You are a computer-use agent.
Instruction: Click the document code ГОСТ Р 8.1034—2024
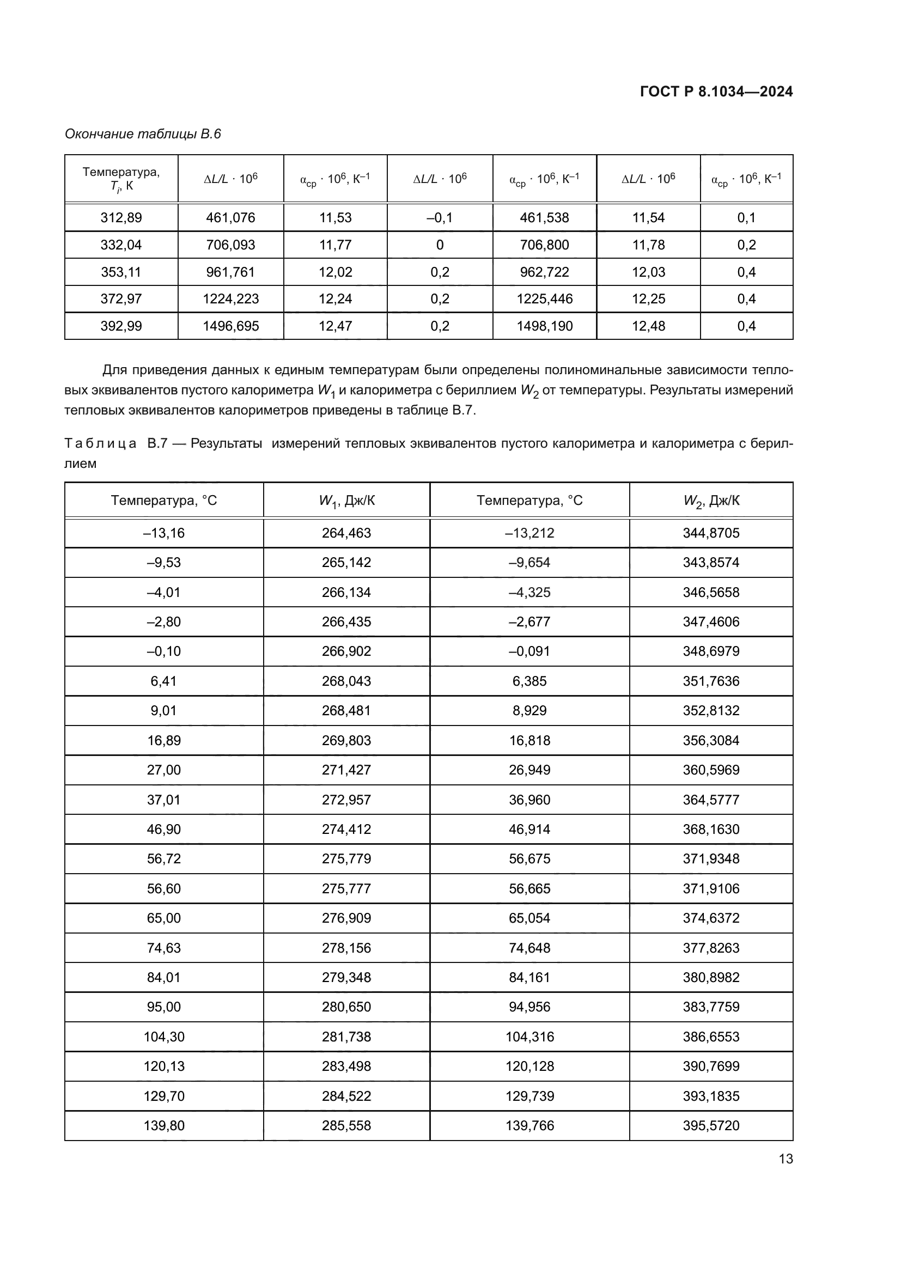716,92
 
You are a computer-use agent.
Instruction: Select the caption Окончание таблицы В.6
143,134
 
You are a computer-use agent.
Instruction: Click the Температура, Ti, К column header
121,178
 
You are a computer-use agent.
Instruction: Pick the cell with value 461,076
230,217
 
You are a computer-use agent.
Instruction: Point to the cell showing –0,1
440,217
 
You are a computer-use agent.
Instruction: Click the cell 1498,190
544,326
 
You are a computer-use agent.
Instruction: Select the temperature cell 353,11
121,272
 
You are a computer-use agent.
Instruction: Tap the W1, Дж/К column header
346,501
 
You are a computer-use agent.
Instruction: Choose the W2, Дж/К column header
711,501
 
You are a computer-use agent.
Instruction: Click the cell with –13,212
529,533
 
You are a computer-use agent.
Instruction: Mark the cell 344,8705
711,533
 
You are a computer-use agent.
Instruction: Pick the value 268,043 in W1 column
346,681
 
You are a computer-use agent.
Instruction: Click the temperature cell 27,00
163,770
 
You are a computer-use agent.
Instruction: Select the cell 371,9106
711,888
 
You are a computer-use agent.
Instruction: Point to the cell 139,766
529,1125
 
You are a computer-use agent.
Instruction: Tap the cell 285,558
346,1125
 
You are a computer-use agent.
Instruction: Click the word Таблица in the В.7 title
100,443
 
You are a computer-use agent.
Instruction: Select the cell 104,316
529,1037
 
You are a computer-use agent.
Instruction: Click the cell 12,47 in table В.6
335,326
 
